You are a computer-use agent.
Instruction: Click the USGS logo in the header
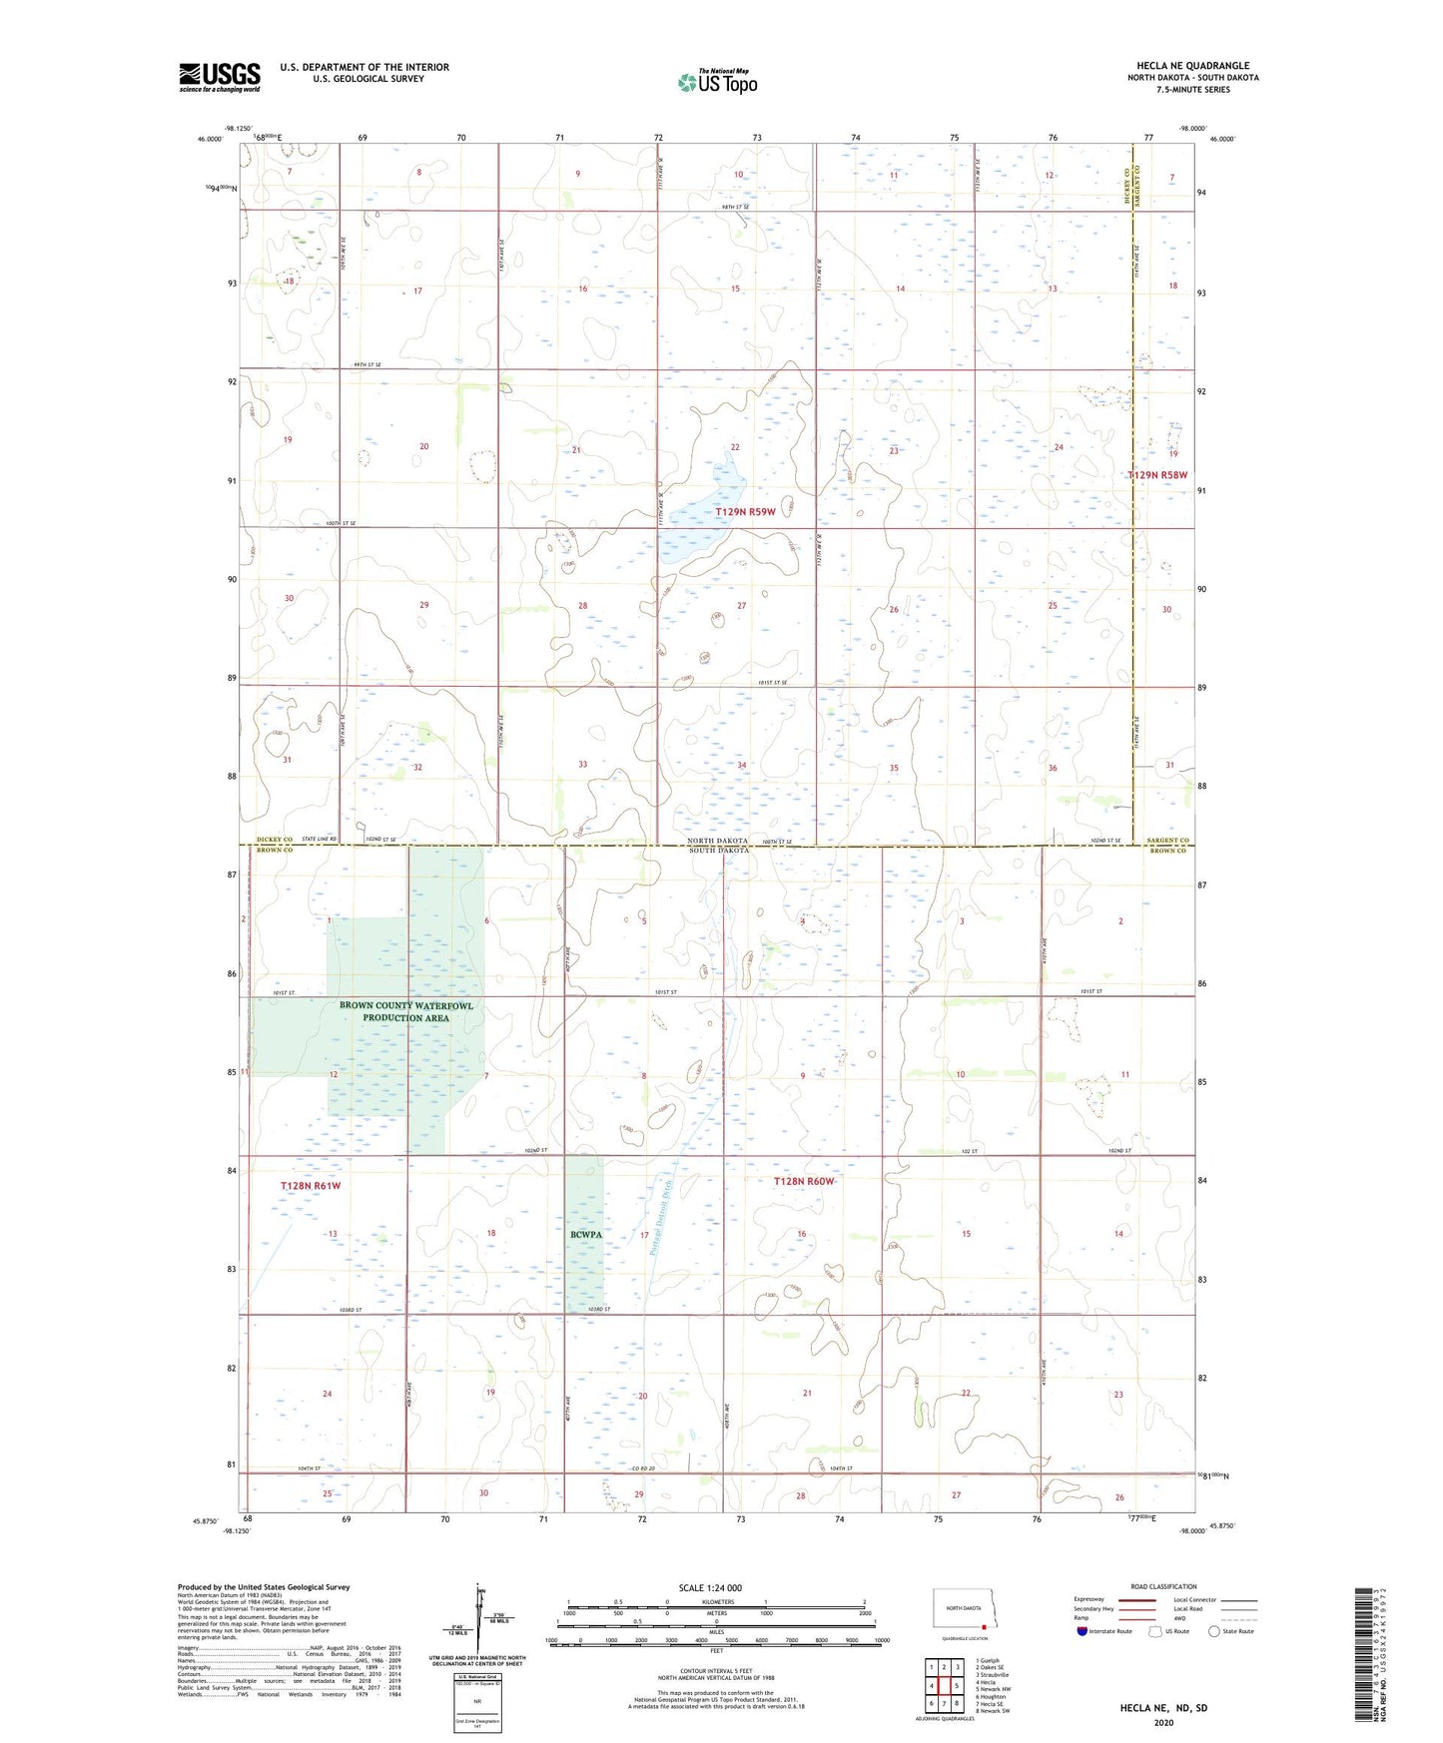(220, 77)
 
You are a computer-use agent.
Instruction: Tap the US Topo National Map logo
(717, 82)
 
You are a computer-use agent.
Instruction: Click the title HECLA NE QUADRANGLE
(1192, 66)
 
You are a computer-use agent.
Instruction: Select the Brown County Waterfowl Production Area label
(405, 1011)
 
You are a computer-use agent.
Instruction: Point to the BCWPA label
(586, 1235)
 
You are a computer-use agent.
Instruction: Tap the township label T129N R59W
(745, 512)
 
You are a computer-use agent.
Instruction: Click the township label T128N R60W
(803, 1182)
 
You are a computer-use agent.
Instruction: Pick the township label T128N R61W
(311, 1186)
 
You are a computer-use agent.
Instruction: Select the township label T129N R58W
(1158, 475)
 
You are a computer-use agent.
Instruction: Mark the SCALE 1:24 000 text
(710, 1587)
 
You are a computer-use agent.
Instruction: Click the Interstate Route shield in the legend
(1083, 1632)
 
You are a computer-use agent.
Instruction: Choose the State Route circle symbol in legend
(1214, 1632)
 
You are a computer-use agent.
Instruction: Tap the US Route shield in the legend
(1155, 1632)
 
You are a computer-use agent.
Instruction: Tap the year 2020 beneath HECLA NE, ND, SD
(1162, 1722)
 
